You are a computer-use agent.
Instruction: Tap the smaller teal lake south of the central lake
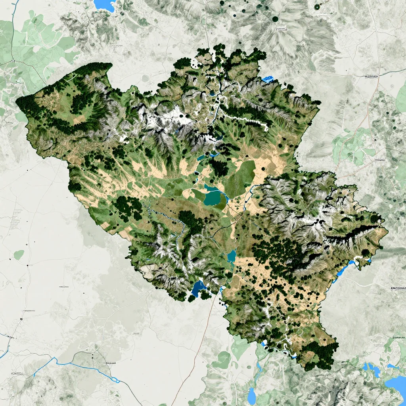(232, 256)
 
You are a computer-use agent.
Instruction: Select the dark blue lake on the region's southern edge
(198, 288)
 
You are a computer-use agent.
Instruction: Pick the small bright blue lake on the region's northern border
(268, 79)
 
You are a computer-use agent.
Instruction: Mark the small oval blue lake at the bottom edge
(251, 395)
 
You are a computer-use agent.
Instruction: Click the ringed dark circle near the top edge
(317, 7)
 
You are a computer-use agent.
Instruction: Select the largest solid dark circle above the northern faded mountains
(274, 18)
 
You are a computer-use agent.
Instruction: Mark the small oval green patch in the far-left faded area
(19, 255)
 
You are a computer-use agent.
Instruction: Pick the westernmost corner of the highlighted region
(17, 101)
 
